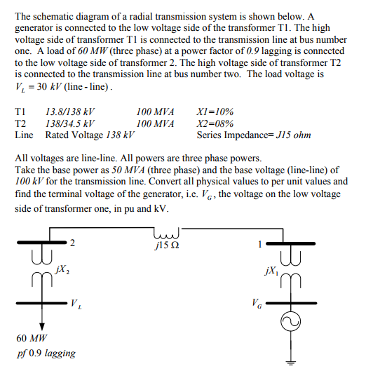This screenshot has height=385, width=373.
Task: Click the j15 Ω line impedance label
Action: (x=166, y=246)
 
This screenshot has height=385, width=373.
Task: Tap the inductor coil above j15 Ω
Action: (x=167, y=233)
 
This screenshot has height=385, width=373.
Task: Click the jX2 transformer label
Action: (x=61, y=270)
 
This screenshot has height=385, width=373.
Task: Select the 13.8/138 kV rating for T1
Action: (x=69, y=111)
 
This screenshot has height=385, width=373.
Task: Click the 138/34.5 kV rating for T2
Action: (x=69, y=123)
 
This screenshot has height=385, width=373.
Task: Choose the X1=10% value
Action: (x=216, y=111)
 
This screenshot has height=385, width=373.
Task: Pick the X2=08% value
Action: (x=216, y=123)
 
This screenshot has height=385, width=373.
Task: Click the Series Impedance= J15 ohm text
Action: (x=254, y=135)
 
